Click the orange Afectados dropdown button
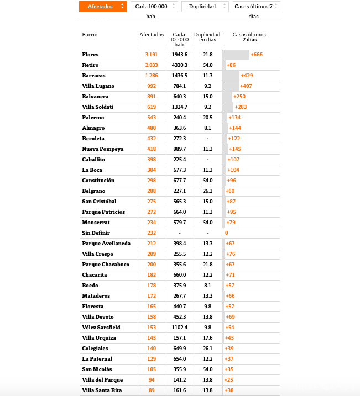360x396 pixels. pyautogui.click(x=103, y=7)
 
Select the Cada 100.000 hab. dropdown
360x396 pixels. pyautogui.click(x=154, y=7)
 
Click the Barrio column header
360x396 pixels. pyautogui.click(x=90, y=35)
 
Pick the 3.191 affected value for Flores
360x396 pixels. pyautogui.click(x=152, y=55)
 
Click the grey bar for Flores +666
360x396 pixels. pyautogui.click(x=236, y=55)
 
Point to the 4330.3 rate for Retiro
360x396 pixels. pyautogui.click(x=179, y=65)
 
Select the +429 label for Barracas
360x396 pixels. pyautogui.click(x=247, y=76)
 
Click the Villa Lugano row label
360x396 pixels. pyautogui.click(x=98, y=86)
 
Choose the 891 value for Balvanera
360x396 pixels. pyautogui.click(x=152, y=97)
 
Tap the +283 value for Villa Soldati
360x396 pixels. pyautogui.click(x=241, y=107)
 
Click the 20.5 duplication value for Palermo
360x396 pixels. pyautogui.click(x=207, y=118)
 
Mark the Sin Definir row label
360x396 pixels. pyautogui.click(x=96, y=233)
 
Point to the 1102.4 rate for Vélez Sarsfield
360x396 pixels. pyautogui.click(x=179, y=328)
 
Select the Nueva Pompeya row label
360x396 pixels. pyautogui.click(x=102, y=149)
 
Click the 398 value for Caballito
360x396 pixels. pyautogui.click(x=152, y=160)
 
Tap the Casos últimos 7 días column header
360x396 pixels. pyautogui.click(x=249, y=37)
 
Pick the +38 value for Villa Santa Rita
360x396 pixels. pyautogui.click(x=229, y=390)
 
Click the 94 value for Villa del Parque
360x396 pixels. pyautogui.click(x=152, y=380)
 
